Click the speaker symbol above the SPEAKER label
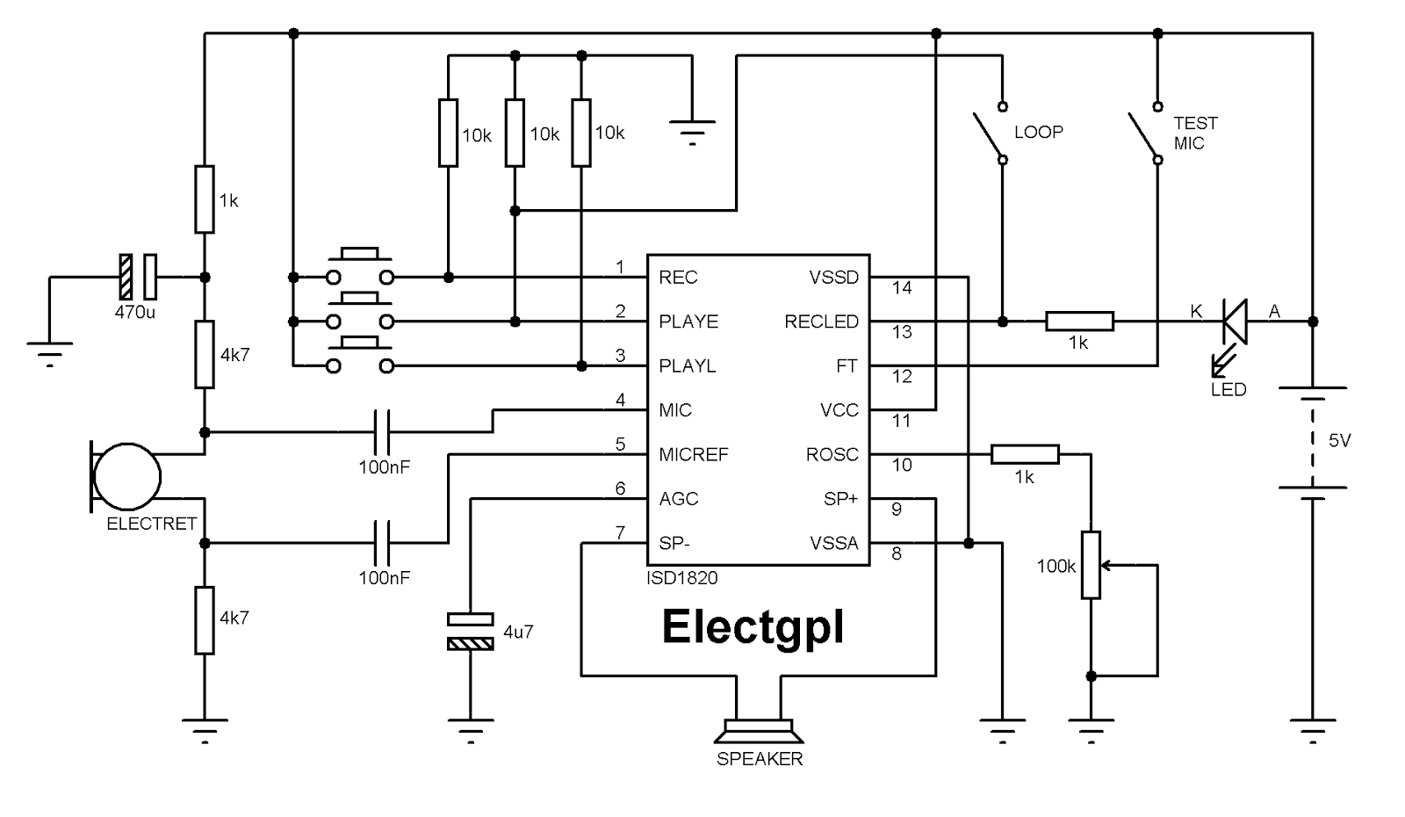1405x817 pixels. (x=759, y=731)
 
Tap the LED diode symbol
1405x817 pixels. (x=1235, y=322)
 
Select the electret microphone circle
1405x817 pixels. (x=127, y=476)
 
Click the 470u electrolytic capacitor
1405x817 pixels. (x=138, y=277)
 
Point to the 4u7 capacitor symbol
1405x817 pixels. (x=471, y=632)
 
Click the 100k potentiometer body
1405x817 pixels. (x=1091, y=565)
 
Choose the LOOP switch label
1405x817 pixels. (x=1038, y=132)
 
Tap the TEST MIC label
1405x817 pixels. (x=1194, y=133)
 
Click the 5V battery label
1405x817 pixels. (x=1339, y=441)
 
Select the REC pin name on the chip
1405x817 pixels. (x=678, y=278)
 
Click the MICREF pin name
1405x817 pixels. (x=694, y=455)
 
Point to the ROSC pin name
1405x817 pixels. (x=832, y=455)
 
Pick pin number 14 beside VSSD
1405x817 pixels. (x=902, y=288)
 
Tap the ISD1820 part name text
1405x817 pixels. (x=682, y=578)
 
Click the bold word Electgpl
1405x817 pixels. (x=753, y=626)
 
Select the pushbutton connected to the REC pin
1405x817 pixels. (x=360, y=267)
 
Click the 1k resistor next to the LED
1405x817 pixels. (x=1079, y=322)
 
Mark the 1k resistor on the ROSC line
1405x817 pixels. (x=1025, y=454)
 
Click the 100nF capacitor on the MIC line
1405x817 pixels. (x=383, y=431)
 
